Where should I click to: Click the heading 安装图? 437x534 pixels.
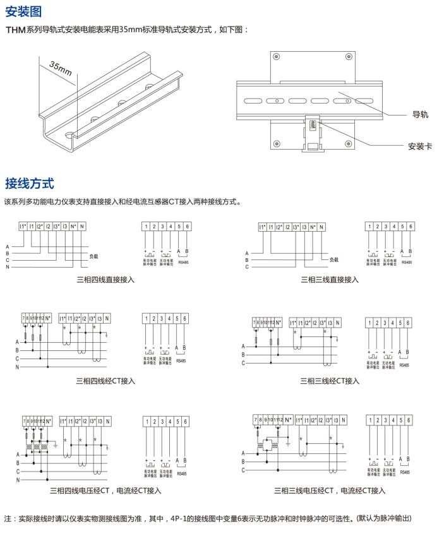pos(23,11)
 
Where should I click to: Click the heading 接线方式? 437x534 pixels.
pos(29,184)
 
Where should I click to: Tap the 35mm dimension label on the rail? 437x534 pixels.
pos(60,68)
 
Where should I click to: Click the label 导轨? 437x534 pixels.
pos(420,114)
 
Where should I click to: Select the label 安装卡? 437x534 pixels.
pos(419,146)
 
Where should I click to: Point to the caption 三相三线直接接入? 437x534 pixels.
pos(330,279)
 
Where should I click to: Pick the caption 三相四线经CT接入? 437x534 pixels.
pos(105,381)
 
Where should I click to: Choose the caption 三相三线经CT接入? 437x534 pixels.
pos(330,381)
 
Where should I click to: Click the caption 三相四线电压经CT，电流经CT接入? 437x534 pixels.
pos(105,490)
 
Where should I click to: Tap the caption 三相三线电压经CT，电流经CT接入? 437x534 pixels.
pos(330,490)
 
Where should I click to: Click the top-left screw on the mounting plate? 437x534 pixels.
pos(276,56)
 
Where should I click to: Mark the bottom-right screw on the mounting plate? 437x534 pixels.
pos(349,145)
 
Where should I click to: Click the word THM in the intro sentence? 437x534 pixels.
pos(16,30)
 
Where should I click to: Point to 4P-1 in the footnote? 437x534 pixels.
pos(179,518)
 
